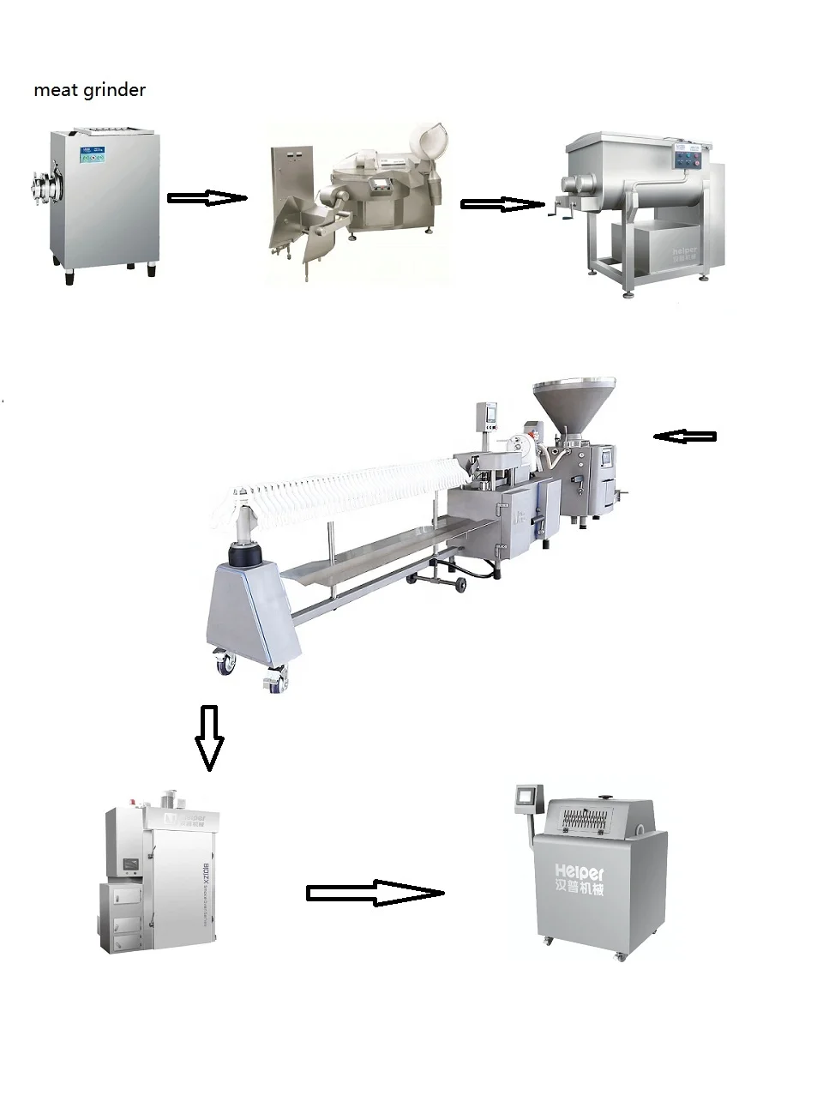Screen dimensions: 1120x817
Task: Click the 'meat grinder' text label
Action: [89, 90]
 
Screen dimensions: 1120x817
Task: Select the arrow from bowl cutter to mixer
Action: [502, 204]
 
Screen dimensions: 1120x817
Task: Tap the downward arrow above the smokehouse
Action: [209, 737]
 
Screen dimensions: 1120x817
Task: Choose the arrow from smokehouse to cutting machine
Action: [375, 893]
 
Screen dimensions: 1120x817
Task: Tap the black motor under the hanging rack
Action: [244, 555]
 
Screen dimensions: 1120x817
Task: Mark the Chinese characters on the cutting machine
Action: [579, 889]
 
